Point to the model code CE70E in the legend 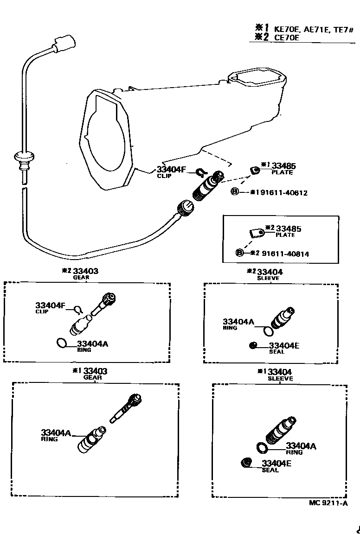coord(287,38)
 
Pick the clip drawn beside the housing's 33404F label coord(200,172)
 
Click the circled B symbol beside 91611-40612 coord(235,192)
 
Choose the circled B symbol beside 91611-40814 coord(239,253)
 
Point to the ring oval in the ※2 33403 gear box coord(61,343)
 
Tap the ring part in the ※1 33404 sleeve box coord(263,447)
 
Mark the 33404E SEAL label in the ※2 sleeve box coord(283,348)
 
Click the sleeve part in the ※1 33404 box coord(280,431)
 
